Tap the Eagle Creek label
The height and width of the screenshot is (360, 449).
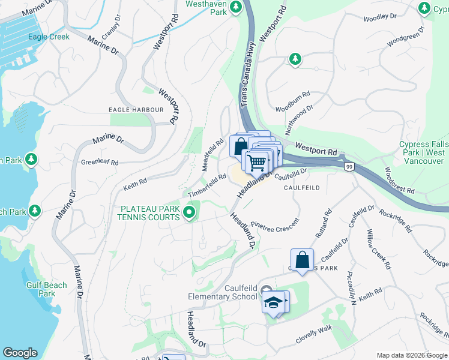(49, 37)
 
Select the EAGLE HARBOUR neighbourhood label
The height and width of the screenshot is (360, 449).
(136, 110)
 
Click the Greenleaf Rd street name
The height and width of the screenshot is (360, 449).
(100, 162)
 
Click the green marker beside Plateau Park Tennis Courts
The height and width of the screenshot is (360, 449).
(190, 212)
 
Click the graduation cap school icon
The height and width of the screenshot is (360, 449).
(273, 302)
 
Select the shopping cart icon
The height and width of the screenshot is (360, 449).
(256, 161)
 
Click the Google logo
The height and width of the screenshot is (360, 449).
(20, 353)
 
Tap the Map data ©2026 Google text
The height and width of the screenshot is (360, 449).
(411, 355)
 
